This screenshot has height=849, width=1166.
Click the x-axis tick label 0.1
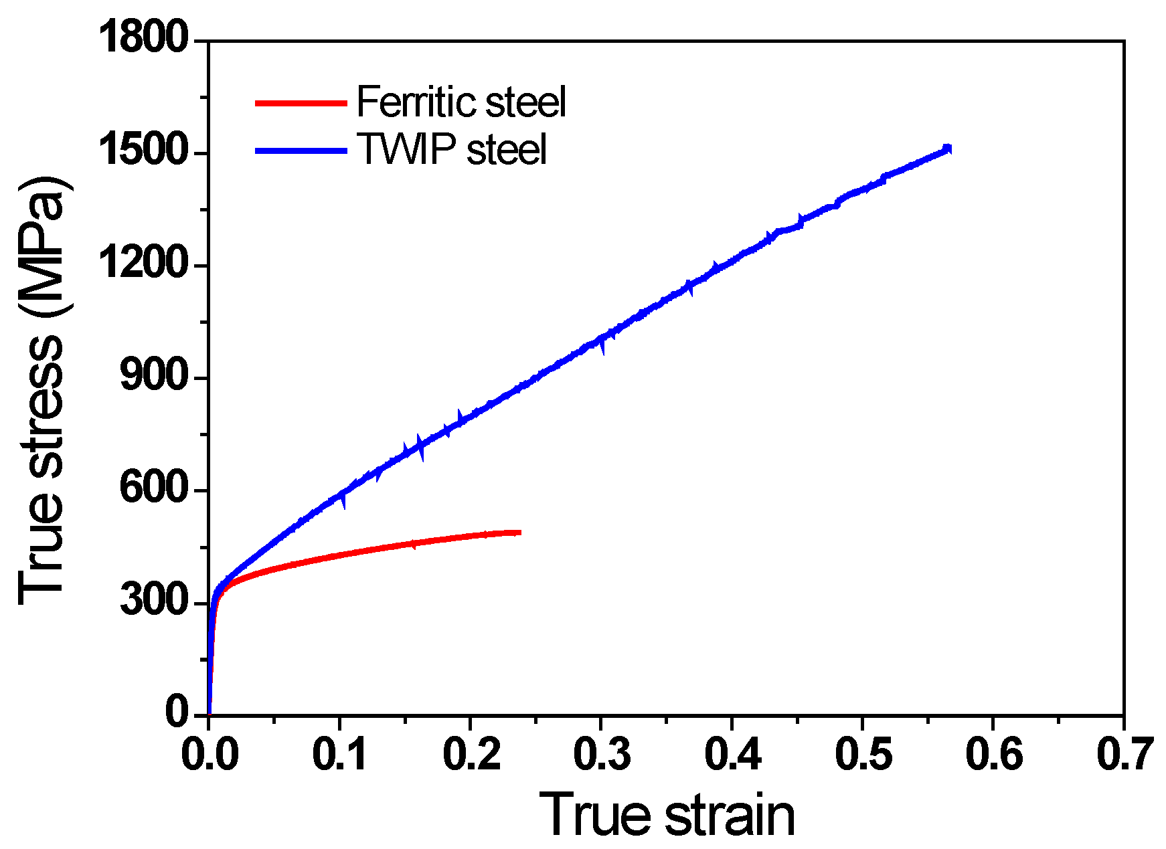[340, 754]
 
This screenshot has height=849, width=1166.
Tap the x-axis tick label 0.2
[471, 754]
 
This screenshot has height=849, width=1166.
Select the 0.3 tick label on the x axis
[601, 754]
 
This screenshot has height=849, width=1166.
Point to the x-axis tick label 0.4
[732, 754]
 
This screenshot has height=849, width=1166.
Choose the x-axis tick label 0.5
[863, 754]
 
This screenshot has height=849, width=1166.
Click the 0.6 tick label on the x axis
[993, 754]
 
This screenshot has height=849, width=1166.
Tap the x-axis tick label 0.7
[1124, 754]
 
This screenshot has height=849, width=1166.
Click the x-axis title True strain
[666, 814]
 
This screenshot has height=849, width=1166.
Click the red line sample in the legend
[301, 103]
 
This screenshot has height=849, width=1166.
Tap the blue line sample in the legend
[301, 151]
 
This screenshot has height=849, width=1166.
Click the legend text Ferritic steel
[461, 102]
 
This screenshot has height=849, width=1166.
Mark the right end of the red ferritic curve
[519, 533]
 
